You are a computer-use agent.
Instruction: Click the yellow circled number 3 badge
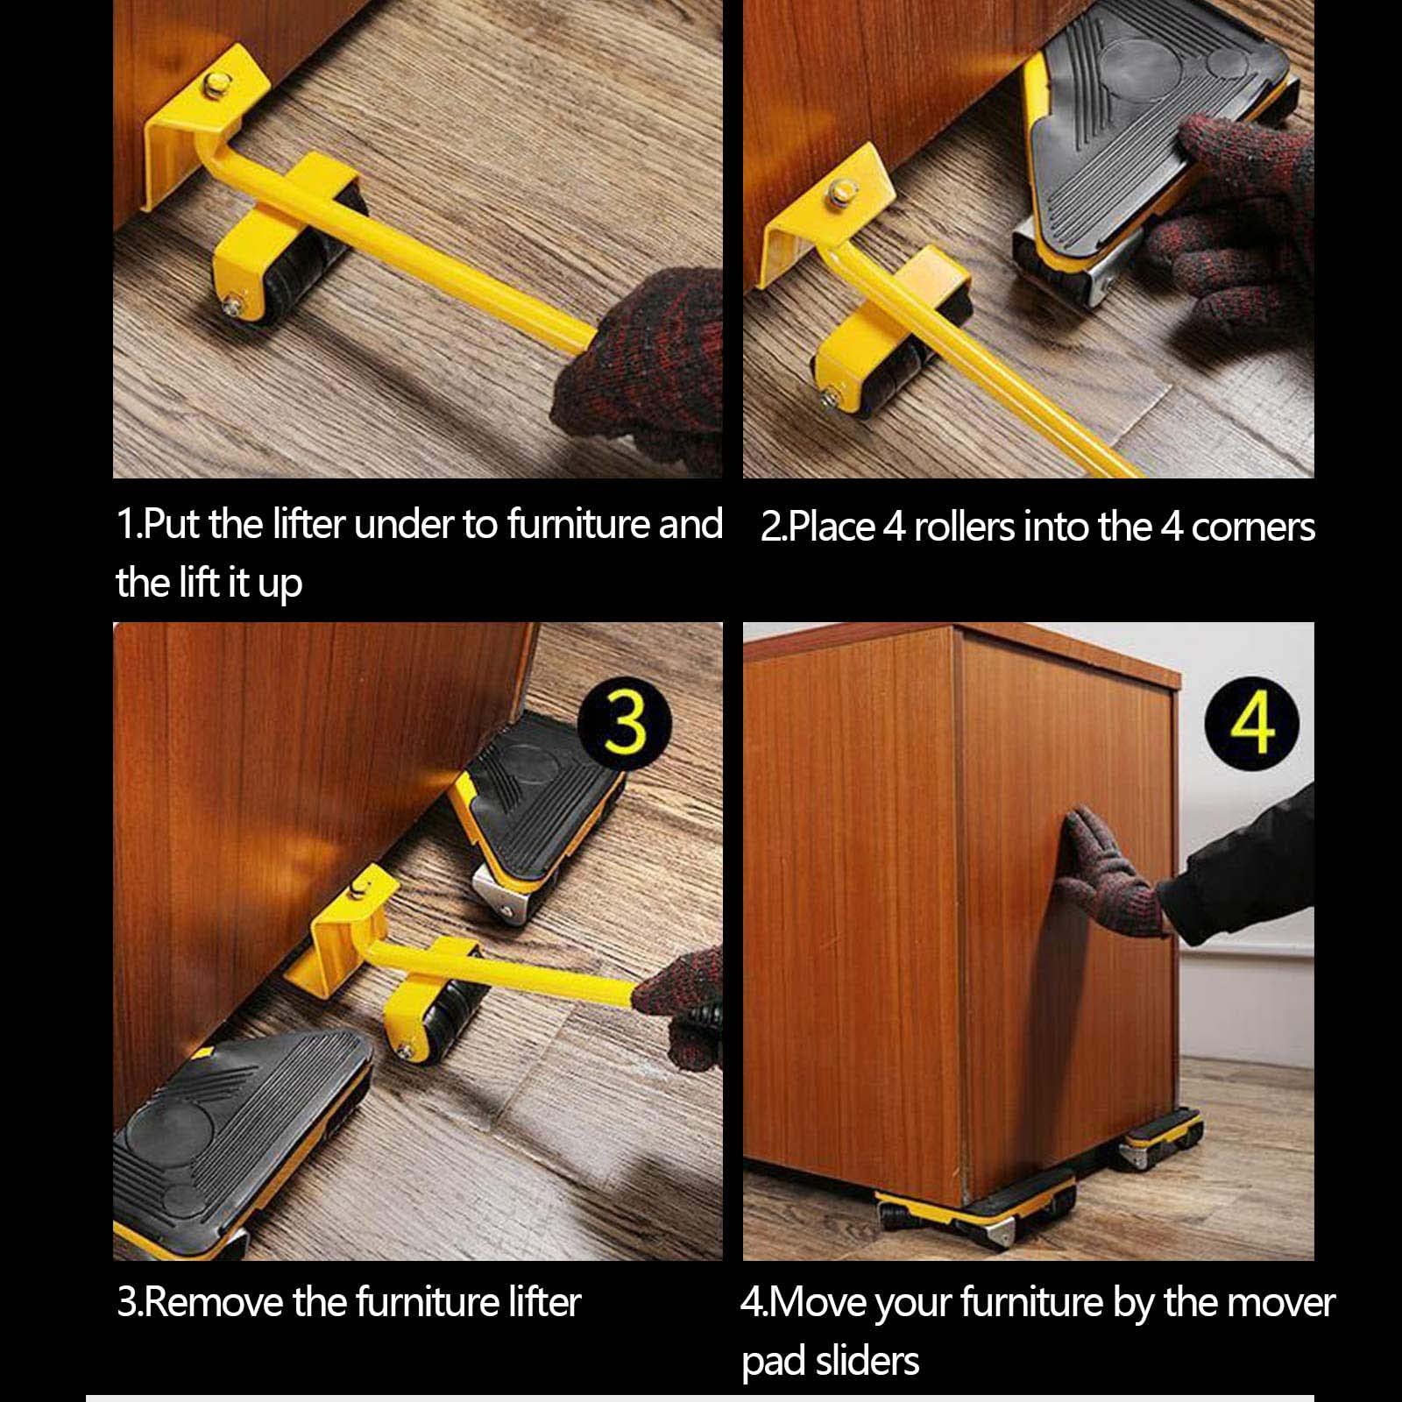coord(625,724)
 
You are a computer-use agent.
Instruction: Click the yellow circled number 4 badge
coord(1252,724)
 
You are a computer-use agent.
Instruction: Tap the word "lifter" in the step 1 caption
coord(309,524)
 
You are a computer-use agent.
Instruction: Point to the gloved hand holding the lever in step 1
coord(644,368)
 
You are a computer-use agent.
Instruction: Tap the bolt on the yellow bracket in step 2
coord(843,189)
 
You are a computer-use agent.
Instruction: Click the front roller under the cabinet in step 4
coord(977,1214)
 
